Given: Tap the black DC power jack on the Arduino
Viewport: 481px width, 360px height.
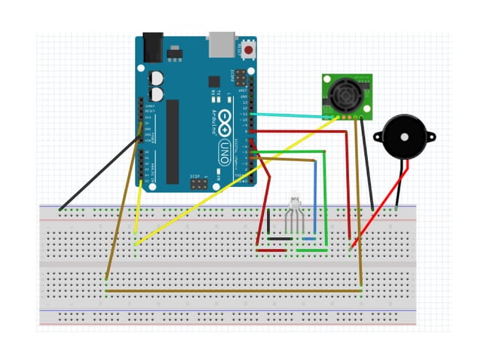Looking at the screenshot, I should pyautogui.click(x=154, y=47).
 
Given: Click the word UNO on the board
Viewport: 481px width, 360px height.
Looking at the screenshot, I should pyautogui.click(x=224, y=144).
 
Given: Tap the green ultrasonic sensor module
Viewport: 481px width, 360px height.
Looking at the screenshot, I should pyautogui.click(x=347, y=96).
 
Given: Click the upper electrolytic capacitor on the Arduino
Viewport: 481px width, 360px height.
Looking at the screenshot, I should pyautogui.click(x=157, y=78).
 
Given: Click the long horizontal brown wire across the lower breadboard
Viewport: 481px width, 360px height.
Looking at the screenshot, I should pyautogui.click(x=234, y=288).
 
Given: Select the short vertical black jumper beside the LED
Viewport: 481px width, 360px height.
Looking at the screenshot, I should pyautogui.click(x=268, y=224).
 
